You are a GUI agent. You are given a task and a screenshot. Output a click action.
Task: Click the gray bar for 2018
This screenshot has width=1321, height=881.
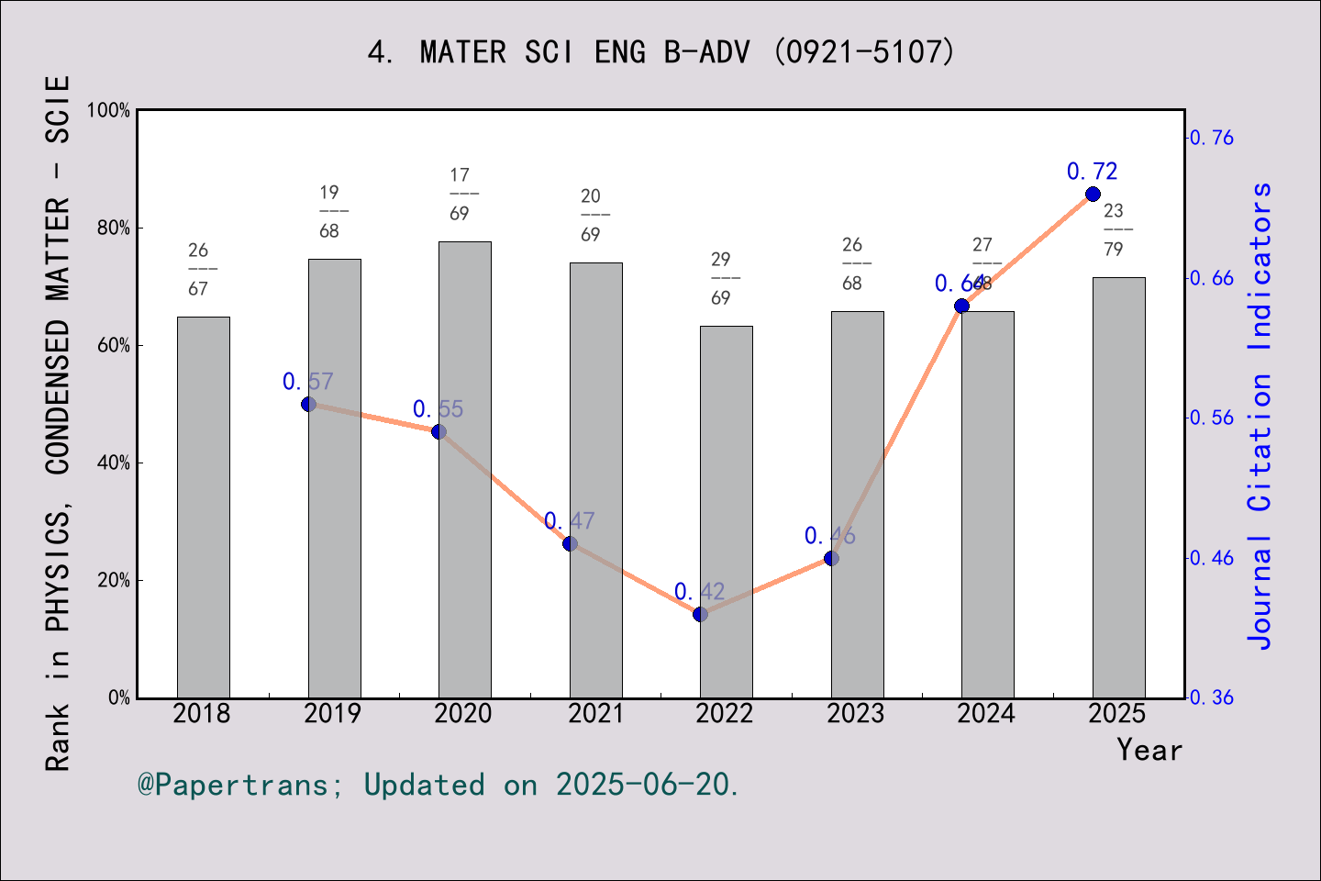click(x=203, y=507)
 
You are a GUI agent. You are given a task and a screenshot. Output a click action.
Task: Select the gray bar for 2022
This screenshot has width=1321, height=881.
click(x=726, y=511)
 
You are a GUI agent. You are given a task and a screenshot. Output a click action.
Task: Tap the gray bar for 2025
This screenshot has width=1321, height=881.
click(x=1118, y=486)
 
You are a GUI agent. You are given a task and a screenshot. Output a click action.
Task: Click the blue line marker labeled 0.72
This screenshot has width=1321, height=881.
click(x=1093, y=195)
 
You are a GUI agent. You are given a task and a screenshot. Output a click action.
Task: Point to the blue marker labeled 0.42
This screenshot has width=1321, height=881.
click(x=700, y=614)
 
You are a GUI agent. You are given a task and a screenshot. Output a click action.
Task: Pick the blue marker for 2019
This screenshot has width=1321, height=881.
click(x=308, y=404)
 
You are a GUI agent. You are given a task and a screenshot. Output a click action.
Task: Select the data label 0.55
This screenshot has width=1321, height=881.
click(x=438, y=409)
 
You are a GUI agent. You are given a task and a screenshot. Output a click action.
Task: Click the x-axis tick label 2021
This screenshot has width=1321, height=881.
click(x=595, y=714)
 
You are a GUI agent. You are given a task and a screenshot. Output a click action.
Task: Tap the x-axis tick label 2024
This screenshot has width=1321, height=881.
click(x=986, y=714)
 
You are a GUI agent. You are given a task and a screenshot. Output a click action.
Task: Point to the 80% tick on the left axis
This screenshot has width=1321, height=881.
click(x=114, y=228)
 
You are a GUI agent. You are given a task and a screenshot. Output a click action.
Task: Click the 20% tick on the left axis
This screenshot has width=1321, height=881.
click(x=114, y=580)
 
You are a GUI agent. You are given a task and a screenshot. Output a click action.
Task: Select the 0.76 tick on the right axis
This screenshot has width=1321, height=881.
click(x=1212, y=138)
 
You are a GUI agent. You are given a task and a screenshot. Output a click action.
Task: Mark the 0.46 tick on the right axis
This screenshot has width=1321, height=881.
click(x=1212, y=558)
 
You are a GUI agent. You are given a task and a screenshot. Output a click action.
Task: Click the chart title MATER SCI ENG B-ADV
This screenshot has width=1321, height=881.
click(x=660, y=52)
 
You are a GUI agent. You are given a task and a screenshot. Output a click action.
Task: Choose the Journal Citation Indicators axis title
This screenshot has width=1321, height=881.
click(x=1260, y=416)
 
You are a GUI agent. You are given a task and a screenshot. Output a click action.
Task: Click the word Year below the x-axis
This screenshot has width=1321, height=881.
click(x=1149, y=751)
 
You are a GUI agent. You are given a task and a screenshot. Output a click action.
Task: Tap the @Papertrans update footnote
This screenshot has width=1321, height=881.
click(x=438, y=786)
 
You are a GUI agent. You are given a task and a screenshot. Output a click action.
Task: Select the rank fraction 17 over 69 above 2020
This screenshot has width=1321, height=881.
click(x=460, y=194)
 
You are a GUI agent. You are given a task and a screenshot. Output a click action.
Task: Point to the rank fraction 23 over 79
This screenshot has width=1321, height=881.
click(x=1114, y=229)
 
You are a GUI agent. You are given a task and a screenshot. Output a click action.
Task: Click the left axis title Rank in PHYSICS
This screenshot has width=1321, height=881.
click(x=58, y=422)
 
